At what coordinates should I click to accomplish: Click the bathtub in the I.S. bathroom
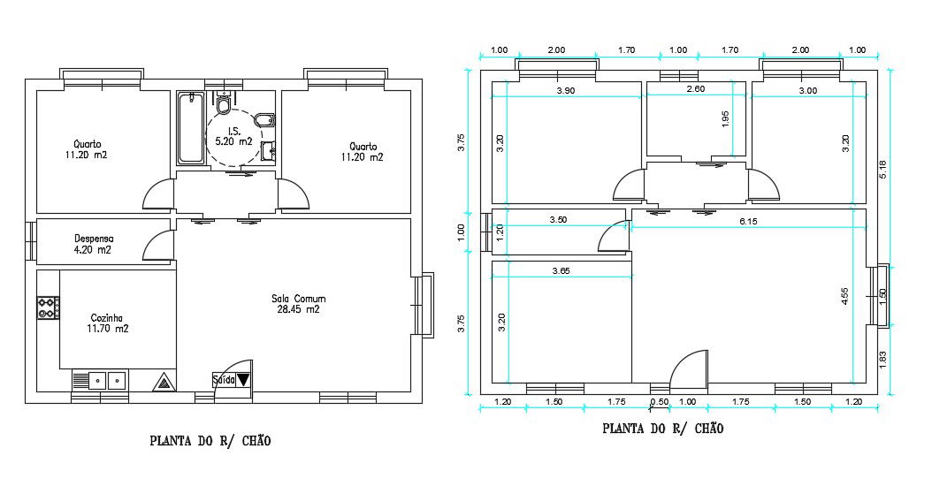tap(191, 128)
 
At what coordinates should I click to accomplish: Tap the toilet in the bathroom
tap(223, 103)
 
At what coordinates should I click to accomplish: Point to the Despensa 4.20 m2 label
tap(94, 244)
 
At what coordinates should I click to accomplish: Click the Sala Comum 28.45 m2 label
tap(298, 304)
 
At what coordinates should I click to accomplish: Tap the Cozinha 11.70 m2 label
tap(110, 323)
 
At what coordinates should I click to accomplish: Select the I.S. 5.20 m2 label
tap(233, 137)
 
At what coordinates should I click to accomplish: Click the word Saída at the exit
tap(224, 380)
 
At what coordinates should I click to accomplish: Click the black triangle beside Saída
tap(244, 379)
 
